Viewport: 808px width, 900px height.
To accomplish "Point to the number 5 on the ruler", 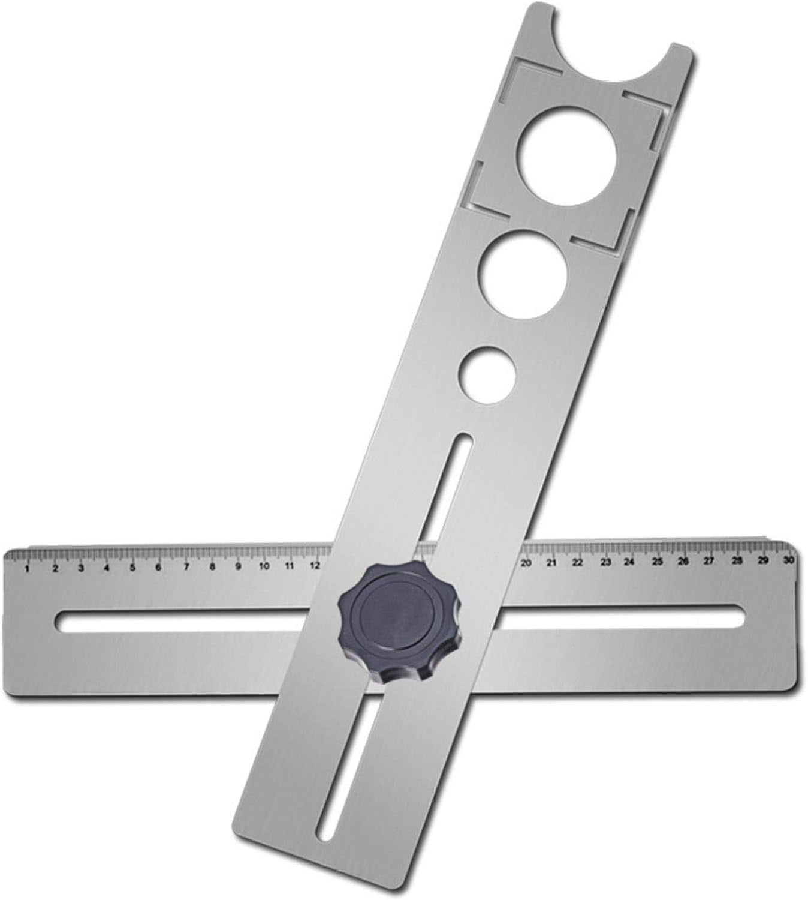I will [132, 567].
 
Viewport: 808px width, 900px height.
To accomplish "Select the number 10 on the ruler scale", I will [264, 566].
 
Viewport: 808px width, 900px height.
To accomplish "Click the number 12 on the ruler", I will [315, 565].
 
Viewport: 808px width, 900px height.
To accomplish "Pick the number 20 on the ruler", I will [526, 563].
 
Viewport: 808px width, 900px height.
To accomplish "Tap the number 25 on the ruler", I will [657, 562].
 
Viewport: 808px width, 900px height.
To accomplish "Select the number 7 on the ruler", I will [186, 566].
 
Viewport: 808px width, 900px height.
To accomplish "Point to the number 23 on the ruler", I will [605, 563].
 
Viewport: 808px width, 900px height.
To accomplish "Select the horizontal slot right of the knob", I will [617, 616].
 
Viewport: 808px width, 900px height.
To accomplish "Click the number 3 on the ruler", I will [80, 568].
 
